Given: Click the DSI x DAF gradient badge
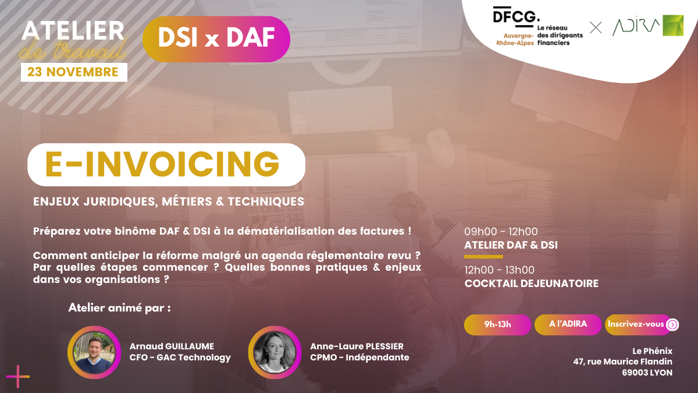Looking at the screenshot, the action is click(216, 39).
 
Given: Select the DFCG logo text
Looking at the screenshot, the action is click(517, 16).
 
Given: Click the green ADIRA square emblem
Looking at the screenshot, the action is click(673, 25).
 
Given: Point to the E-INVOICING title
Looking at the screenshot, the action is click(163, 164).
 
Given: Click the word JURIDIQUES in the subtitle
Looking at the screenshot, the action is click(120, 202).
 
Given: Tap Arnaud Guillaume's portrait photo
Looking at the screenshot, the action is click(94, 352).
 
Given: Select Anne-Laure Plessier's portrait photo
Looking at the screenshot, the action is click(275, 352).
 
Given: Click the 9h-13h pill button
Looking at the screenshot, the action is click(497, 325).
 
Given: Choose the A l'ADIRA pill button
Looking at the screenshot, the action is click(568, 325).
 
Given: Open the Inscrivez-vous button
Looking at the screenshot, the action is click(642, 325).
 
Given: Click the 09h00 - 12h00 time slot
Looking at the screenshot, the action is click(501, 232).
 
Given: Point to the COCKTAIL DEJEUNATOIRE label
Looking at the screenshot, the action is click(531, 284).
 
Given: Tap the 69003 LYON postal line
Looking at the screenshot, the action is click(647, 373).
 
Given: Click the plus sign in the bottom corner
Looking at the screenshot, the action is click(18, 377).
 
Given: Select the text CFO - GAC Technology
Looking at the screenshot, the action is click(180, 357).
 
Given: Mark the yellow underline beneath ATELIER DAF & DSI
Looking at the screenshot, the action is click(483, 257).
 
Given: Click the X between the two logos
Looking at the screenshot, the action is click(596, 27).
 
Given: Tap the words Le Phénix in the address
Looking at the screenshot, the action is click(652, 351).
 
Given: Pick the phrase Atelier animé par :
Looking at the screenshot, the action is click(119, 308).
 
